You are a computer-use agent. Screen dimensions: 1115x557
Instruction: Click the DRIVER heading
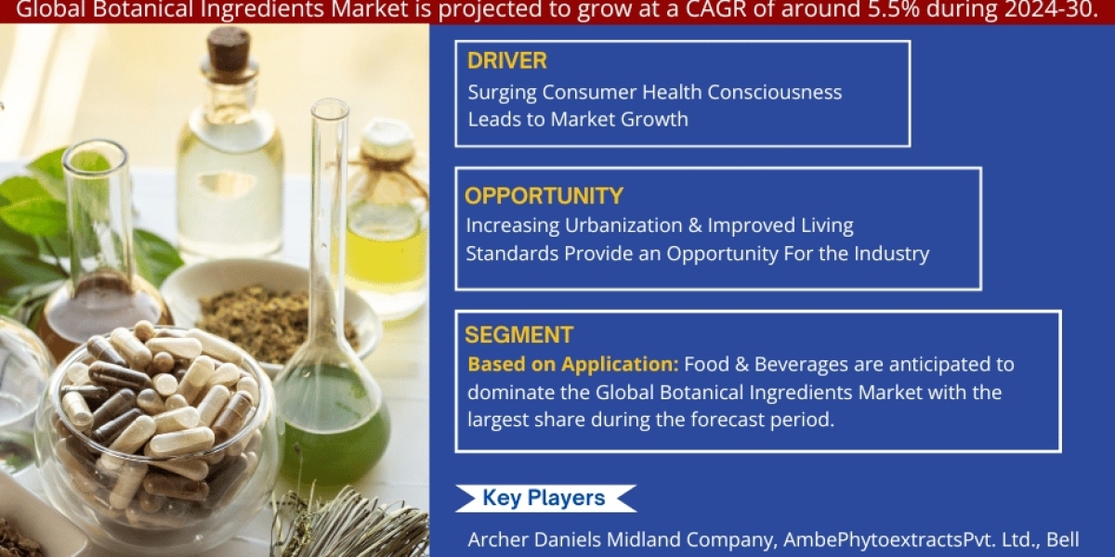click(x=506, y=60)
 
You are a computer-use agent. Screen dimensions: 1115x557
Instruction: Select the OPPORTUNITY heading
click(x=544, y=196)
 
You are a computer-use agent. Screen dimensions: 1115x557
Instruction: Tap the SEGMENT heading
click(x=518, y=335)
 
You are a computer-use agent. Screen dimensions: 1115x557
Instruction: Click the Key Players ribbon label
click(x=544, y=498)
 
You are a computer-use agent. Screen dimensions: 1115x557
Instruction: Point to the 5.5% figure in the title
click(x=894, y=10)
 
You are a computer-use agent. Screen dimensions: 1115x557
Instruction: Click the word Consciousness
click(x=775, y=92)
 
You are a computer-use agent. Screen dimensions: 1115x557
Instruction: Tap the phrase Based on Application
click(x=573, y=365)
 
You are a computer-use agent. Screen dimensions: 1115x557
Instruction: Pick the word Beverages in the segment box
click(x=801, y=365)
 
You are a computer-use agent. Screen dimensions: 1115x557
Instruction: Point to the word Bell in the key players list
click(x=1063, y=539)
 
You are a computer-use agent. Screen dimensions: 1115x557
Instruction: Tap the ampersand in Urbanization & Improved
click(x=695, y=226)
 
